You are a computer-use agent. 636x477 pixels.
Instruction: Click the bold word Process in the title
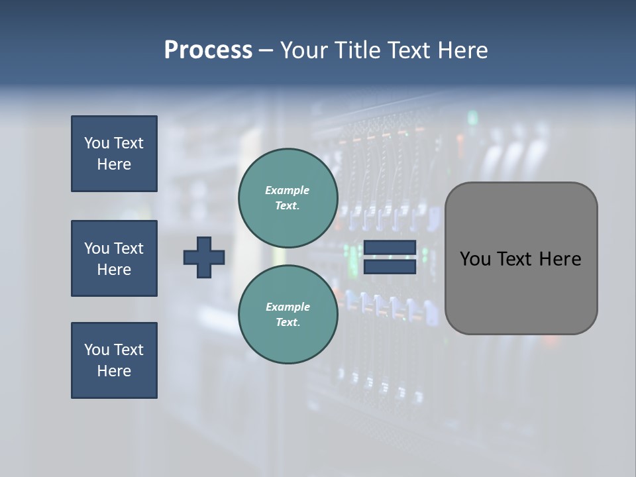[x=208, y=50]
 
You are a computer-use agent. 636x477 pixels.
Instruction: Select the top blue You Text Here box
[x=114, y=154]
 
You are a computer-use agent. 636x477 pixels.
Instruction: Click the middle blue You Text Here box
[x=114, y=258]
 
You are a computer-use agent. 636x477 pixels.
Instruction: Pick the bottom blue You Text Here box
[x=114, y=360]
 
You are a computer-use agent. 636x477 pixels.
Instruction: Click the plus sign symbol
[x=204, y=257]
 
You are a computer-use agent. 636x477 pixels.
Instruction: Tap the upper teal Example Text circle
[x=288, y=197]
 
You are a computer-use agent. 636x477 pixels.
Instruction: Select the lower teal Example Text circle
[x=288, y=314]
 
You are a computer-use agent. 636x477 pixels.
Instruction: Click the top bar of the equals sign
[x=390, y=248]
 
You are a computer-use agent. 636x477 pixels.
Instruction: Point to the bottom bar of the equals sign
[x=390, y=267]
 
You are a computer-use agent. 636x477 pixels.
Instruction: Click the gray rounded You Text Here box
[x=521, y=258]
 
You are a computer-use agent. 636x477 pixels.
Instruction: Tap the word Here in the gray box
[x=560, y=259]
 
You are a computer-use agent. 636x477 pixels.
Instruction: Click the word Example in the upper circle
[x=288, y=190]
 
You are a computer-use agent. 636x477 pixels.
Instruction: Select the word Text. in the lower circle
[x=288, y=323]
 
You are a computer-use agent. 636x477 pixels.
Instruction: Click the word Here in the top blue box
[x=114, y=164]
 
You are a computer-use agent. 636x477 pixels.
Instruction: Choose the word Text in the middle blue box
[x=129, y=248]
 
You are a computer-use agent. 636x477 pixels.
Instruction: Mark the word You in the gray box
[x=475, y=259]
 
